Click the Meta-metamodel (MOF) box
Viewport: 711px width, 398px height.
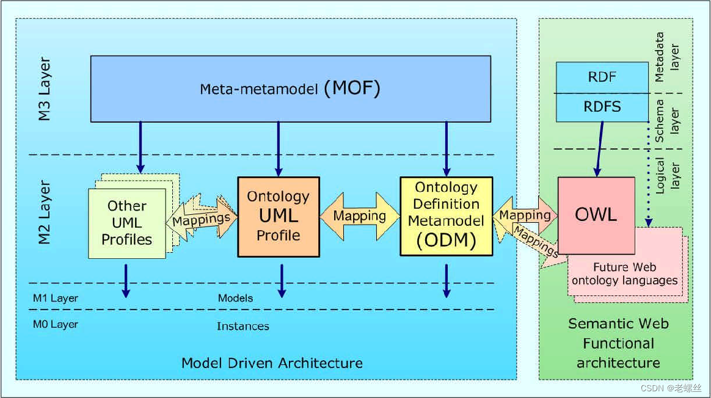coord(290,89)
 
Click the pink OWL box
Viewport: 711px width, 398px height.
coord(596,215)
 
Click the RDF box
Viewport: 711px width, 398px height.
coord(602,78)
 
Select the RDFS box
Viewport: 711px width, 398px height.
coord(602,107)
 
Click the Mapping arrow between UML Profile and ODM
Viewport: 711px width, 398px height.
coord(359,215)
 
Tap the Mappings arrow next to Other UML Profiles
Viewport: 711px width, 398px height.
coord(202,218)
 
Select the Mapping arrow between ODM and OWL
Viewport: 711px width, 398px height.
coord(525,215)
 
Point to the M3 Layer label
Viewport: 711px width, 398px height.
coord(45,89)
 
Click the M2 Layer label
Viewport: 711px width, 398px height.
coord(45,212)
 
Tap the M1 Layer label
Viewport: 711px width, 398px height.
coord(56,298)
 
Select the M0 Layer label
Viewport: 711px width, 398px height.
coord(56,324)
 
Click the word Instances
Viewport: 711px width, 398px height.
coord(242,326)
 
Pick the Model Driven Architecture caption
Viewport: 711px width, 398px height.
coord(272,363)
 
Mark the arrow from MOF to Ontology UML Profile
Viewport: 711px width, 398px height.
coord(279,148)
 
